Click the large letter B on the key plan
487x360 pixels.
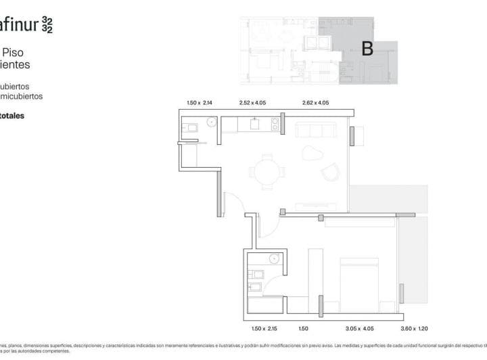(x=368, y=49)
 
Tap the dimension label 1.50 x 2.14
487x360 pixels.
(x=200, y=103)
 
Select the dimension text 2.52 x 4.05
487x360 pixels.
(x=254, y=103)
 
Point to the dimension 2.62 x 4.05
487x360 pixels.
(x=315, y=103)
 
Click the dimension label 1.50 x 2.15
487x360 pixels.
(x=264, y=328)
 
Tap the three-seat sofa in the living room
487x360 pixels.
(x=317, y=130)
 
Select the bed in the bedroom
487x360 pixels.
(x=358, y=281)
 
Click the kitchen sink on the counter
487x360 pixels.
(x=255, y=123)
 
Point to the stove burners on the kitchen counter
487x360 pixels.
(x=275, y=124)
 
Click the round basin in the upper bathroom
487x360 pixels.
(x=212, y=123)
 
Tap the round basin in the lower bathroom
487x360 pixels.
(x=274, y=258)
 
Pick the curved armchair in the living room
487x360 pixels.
(x=330, y=172)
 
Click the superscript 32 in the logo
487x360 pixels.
(x=47, y=25)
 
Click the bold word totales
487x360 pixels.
(x=12, y=116)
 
